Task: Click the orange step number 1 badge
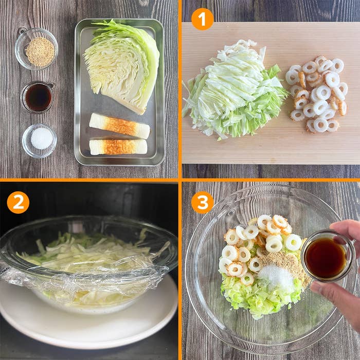pos(202,19)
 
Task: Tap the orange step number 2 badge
pos(18,202)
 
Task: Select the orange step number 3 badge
pos(202,202)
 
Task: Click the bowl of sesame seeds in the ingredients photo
pos(37,49)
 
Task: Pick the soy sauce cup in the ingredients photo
pos(38,97)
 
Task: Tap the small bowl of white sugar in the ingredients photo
pos(40,141)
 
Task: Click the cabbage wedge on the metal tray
pos(122,66)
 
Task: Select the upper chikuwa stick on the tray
pos(119,125)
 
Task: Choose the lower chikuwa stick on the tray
pos(118,147)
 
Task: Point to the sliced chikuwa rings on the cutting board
pos(317,94)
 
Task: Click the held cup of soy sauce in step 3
pos(326,256)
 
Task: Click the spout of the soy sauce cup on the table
pos(51,85)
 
